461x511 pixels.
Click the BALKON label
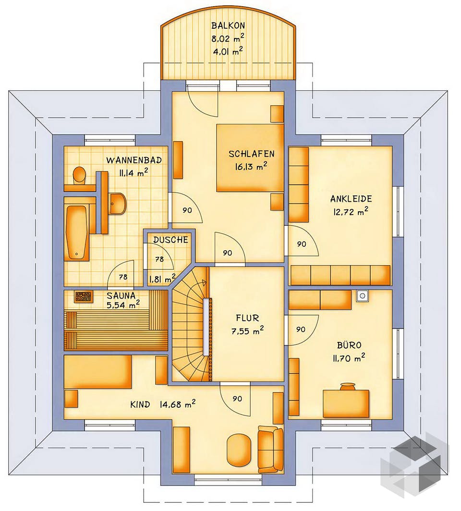[x=228, y=25]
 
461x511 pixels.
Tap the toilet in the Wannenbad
[x=79, y=175]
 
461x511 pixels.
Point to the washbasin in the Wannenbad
[x=117, y=204]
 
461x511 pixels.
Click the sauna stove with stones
[x=84, y=296]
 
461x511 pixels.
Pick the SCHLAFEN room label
[x=252, y=154]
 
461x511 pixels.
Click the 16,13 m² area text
[x=251, y=167]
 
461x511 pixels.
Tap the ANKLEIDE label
[x=351, y=199]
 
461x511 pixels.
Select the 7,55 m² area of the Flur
[x=248, y=331]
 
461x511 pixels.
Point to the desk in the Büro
[x=346, y=403]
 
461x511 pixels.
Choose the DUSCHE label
[x=171, y=240]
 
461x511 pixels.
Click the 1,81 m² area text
[x=163, y=279]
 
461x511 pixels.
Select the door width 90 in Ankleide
[x=302, y=244]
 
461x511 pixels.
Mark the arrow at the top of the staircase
[x=205, y=282]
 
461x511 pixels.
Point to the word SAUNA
[x=121, y=295]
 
